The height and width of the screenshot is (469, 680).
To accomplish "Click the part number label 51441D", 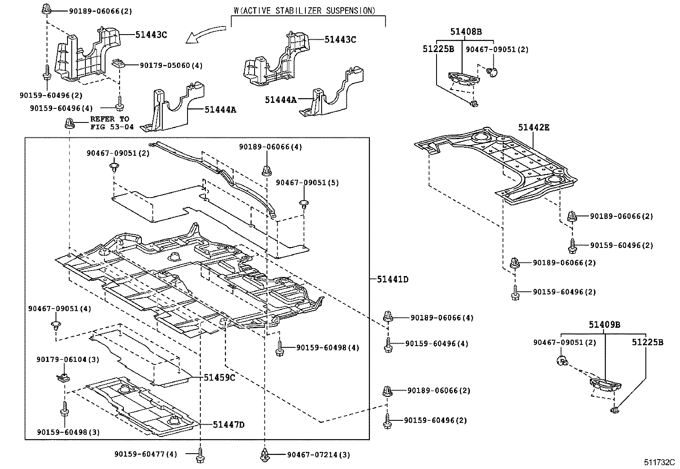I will click(x=393, y=280).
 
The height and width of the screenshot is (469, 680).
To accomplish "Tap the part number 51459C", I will click(x=220, y=378).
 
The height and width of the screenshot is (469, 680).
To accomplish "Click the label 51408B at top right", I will click(x=466, y=32).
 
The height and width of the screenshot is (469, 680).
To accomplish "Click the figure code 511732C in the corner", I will click(x=659, y=462).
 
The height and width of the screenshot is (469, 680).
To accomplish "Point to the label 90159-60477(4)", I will click(x=145, y=454).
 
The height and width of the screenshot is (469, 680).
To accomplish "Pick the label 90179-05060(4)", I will click(x=171, y=65).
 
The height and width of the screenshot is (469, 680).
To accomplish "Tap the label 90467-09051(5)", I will click(x=307, y=183).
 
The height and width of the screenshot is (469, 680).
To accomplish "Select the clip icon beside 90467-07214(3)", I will click(x=264, y=455).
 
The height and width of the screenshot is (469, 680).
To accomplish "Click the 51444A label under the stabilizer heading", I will click(x=280, y=100).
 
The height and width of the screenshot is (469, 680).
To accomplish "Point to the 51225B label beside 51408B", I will click(x=438, y=49).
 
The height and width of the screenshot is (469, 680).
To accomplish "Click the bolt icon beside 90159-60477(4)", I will click(x=199, y=455).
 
